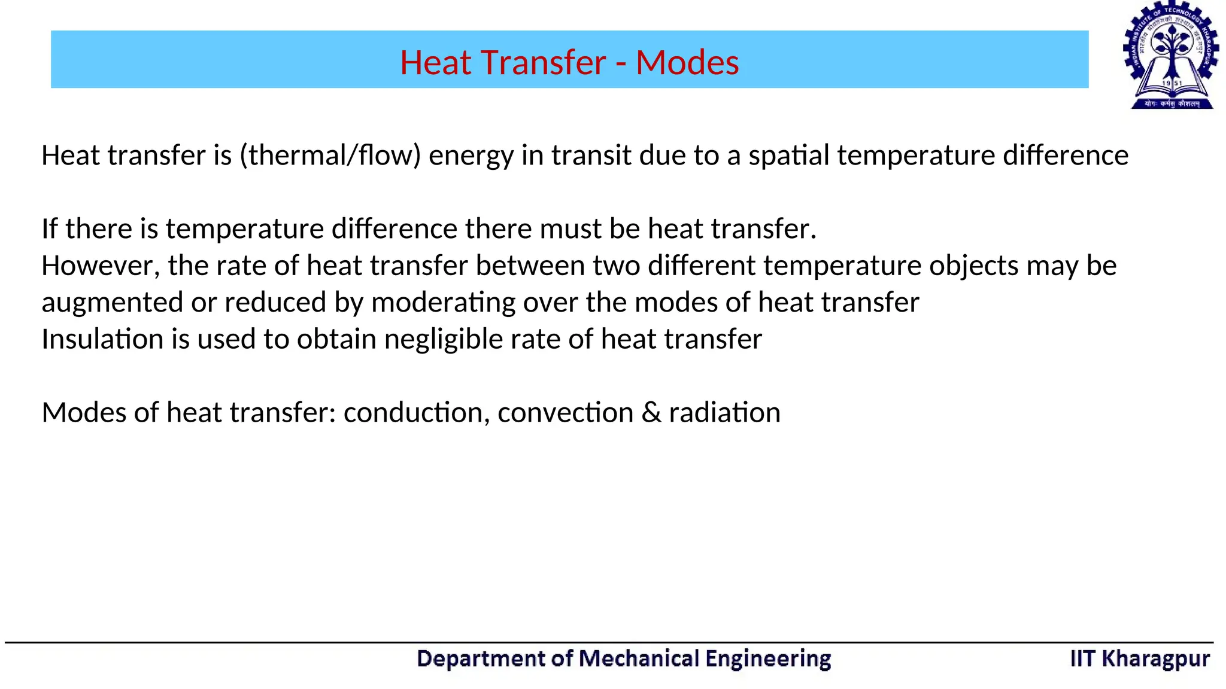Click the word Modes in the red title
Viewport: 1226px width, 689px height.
coord(687,62)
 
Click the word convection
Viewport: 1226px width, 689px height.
coord(565,413)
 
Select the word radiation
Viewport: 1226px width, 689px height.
coord(724,413)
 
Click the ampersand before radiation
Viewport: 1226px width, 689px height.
coord(651,413)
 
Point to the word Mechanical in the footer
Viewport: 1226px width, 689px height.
coord(639,658)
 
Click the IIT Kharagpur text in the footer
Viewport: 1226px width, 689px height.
coord(1139,658)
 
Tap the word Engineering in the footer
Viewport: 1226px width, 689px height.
coord(768,659)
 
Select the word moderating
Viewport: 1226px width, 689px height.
coord(443,303)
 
